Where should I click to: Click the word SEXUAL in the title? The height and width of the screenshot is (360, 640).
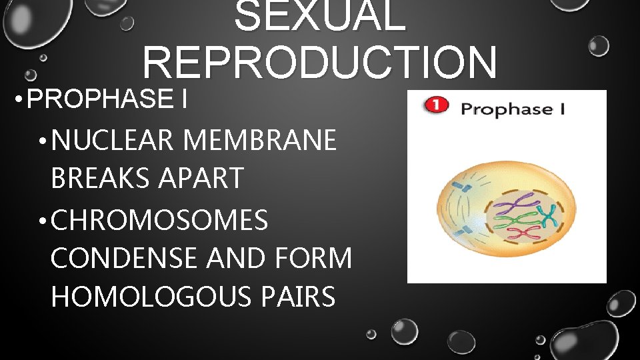tap(320, 16)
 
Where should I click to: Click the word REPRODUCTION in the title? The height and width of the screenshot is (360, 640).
tap(319, 61)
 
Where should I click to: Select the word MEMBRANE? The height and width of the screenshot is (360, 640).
tap(259, 141)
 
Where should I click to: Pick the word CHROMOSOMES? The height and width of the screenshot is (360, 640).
tap(159, 220)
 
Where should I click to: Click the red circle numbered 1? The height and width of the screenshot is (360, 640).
tap(435, 106)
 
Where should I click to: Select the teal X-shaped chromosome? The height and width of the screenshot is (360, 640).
tap(549, 214)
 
